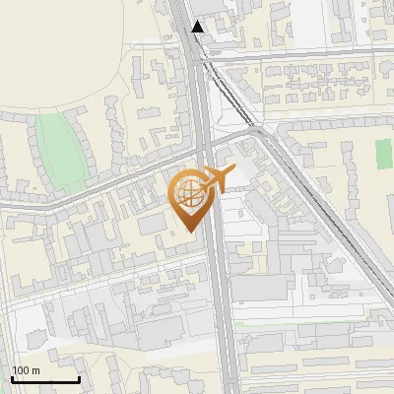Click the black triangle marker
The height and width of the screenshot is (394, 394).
click(x=198, y=27)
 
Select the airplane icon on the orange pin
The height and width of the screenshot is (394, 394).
click(x=216, y=179)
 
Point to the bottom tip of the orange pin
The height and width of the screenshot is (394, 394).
click(x=191, y=231)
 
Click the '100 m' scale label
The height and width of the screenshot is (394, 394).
click(x=26, y=370)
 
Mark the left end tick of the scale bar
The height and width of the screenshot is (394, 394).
click(x=12, y=377)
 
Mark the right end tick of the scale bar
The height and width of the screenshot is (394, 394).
click(x=79, y=377)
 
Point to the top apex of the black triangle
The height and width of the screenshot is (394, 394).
click(x=198, y=21)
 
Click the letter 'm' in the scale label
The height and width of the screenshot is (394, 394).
click(x=34, y=370)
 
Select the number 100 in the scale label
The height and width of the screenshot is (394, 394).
click(x=21, y=370)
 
